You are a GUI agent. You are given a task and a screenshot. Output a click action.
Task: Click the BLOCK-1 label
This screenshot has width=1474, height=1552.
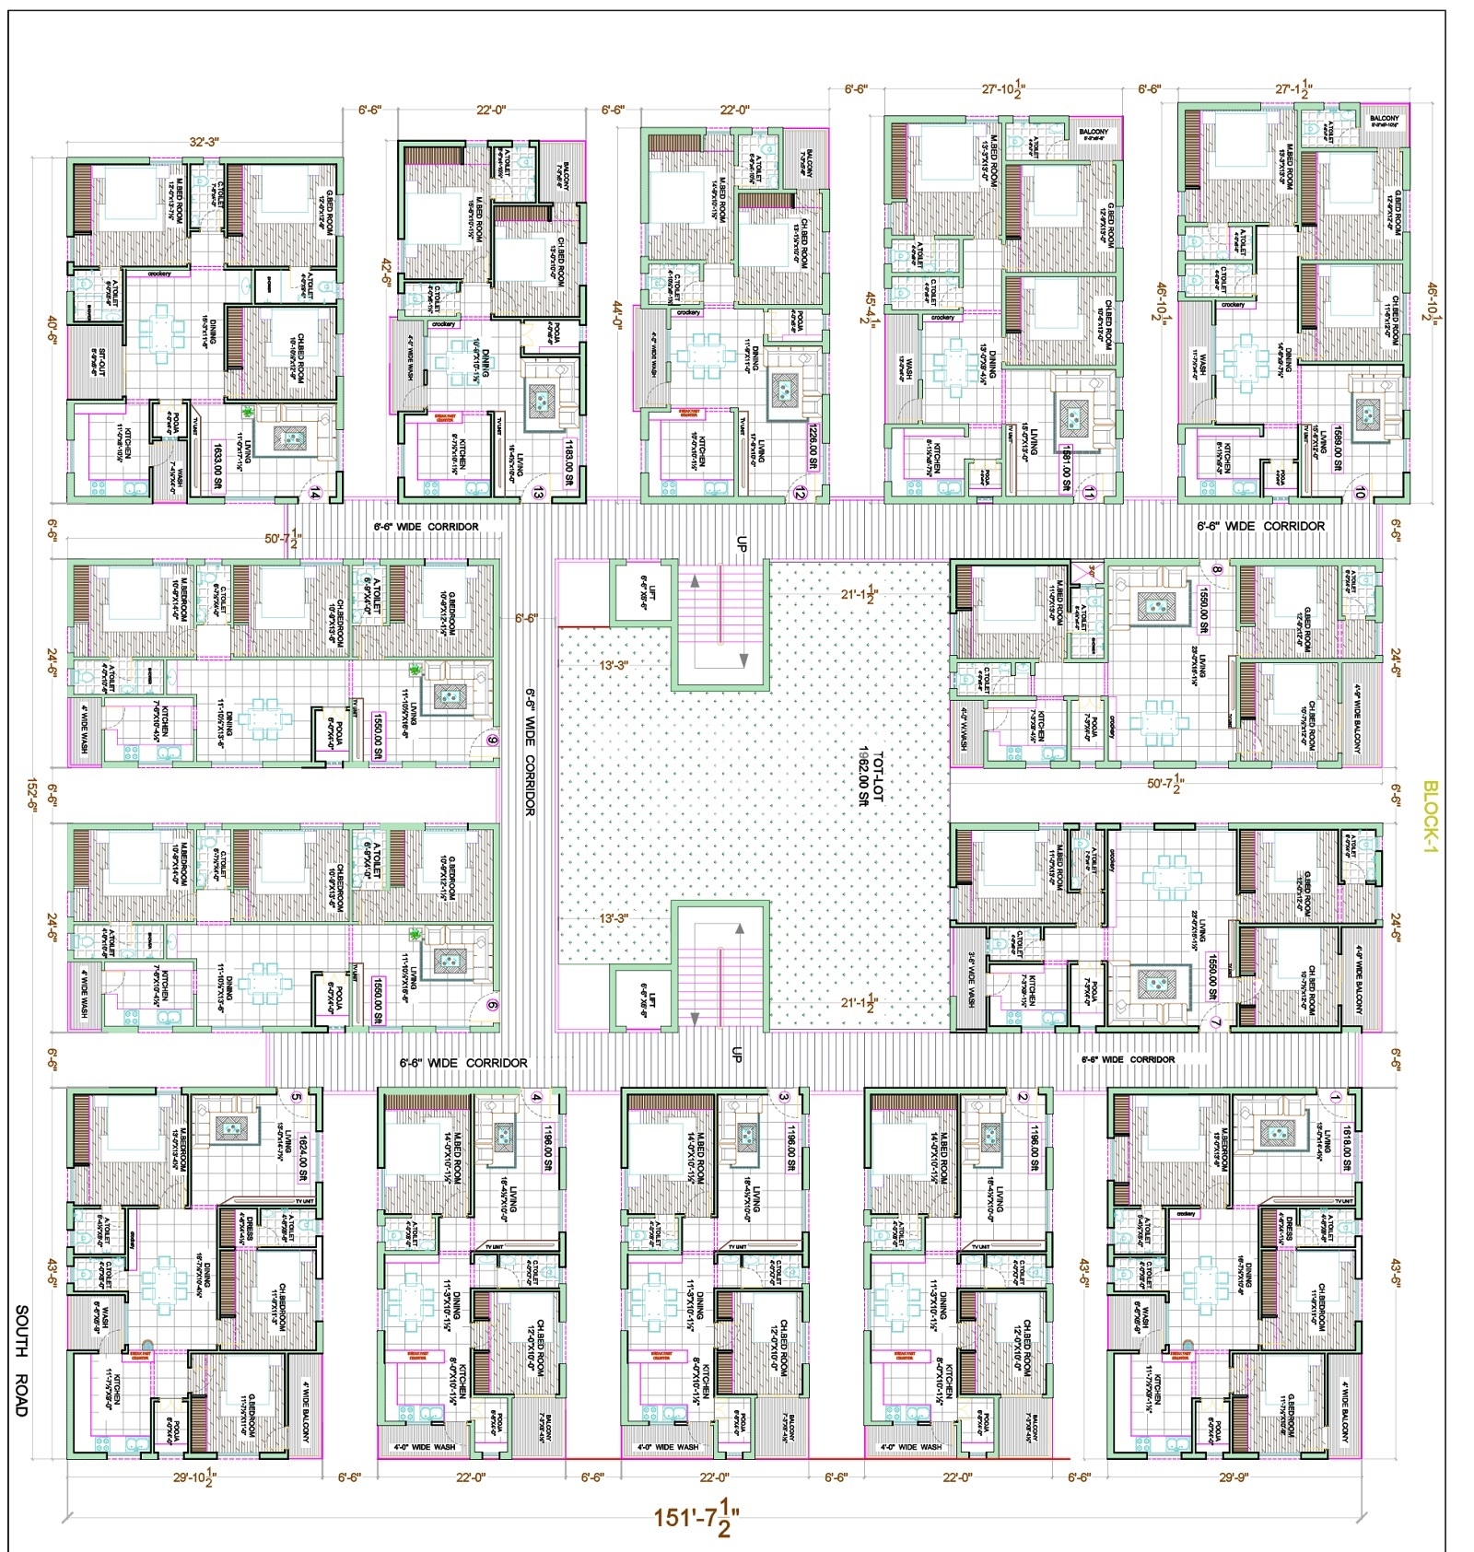(1430, 817)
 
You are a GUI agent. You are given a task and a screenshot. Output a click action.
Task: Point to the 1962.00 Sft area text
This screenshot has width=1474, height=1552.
(863, 776)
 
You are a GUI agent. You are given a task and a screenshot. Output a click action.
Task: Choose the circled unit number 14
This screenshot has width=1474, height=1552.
(315, 494)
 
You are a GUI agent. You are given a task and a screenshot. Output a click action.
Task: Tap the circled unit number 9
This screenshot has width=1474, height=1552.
(492, 740)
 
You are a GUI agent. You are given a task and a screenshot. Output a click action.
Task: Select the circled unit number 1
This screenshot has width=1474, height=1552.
(1335, 1097)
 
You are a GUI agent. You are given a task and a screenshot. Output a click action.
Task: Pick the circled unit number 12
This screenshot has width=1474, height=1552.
(799, 495)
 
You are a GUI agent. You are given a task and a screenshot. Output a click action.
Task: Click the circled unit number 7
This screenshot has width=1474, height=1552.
(1215, 1022)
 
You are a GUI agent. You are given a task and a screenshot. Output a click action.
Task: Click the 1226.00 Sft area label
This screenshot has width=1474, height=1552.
(813, 446)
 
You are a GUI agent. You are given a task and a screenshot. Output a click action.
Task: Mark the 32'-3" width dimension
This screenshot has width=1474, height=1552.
(204, 142)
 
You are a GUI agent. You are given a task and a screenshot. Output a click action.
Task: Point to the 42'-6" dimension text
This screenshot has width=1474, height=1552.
(385, 274)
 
